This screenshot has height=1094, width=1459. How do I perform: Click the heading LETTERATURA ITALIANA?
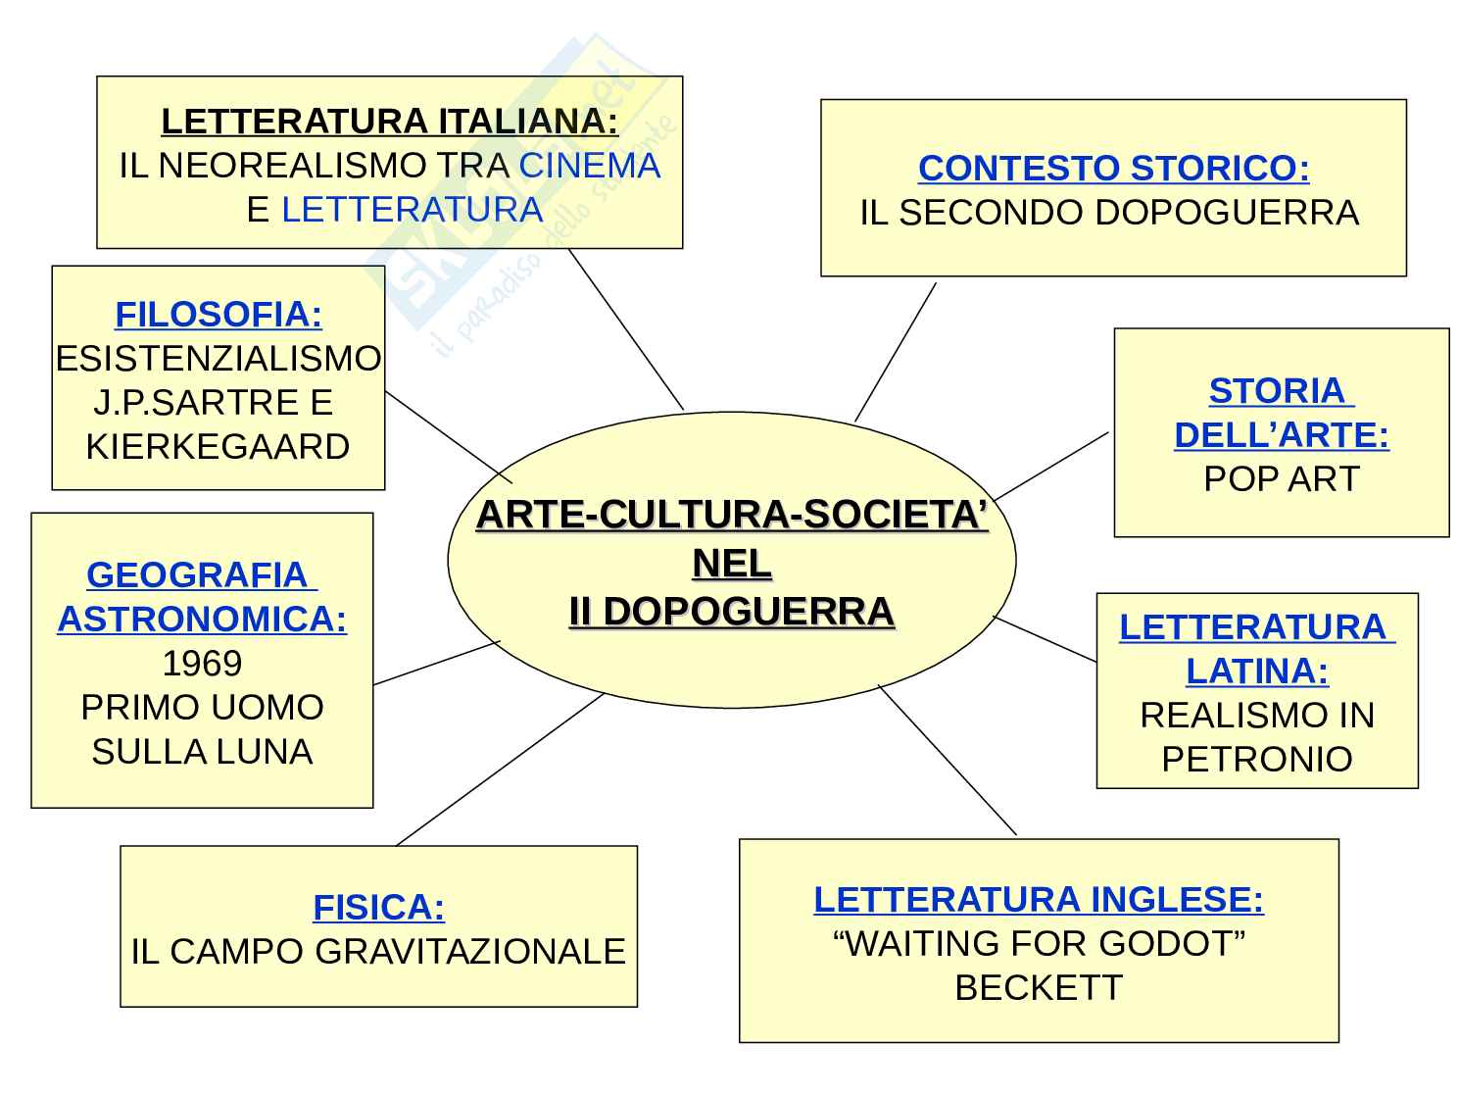point(389,122)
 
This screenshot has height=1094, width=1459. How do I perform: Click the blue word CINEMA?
point(590,166)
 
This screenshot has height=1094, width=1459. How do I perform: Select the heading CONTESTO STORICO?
point(1113,169)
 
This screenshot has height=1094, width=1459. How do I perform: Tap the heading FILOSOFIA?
point(219,315)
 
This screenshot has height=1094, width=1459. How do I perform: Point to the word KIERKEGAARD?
point(218,447)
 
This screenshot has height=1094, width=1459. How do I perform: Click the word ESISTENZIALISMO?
point(219,359)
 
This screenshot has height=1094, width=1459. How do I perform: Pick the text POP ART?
point(1282,479)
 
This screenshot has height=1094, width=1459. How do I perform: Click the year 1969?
point(202,664)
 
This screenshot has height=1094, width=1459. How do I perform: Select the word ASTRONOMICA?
point(202,620)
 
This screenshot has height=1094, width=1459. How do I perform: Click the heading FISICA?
point(378,908)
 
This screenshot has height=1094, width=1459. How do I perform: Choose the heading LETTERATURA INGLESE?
point(1039,900)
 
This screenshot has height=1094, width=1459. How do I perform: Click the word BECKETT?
point(1039,987)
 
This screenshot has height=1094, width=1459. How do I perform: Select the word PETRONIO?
point(1257,759)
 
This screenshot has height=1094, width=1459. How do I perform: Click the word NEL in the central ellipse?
point(732,564)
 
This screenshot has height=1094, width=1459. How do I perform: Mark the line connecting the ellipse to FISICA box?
point(500,770)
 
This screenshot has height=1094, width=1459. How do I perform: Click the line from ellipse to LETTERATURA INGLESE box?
point(948,760)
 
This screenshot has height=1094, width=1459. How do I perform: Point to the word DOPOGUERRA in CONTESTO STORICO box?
point(1225,213)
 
